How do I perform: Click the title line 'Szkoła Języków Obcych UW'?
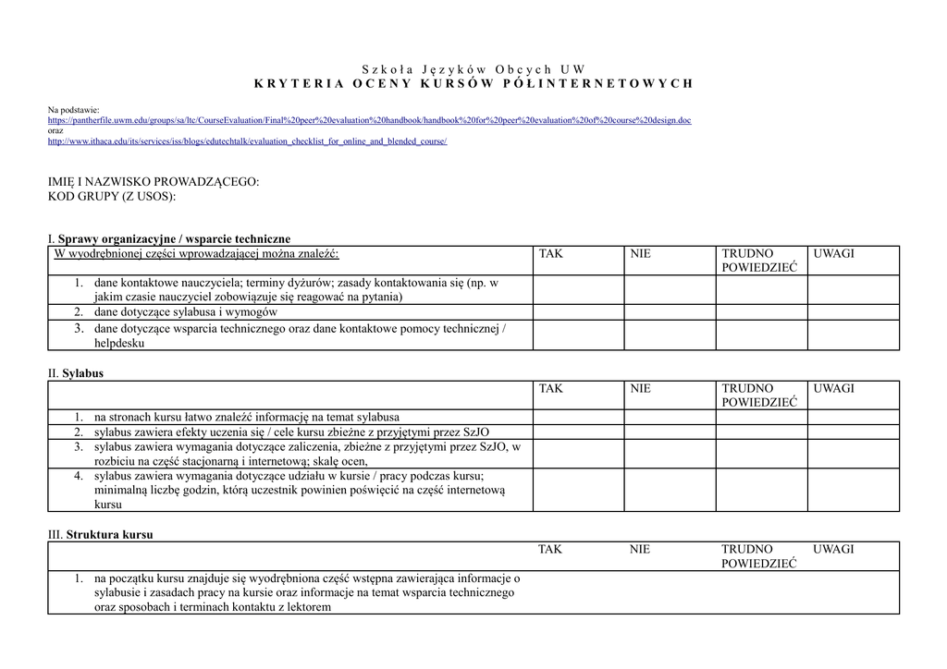[473, 69]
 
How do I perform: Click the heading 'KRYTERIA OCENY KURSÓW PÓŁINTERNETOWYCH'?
[473, 83]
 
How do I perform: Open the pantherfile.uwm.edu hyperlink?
[369, 120]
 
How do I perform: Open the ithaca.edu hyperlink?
[247, 141]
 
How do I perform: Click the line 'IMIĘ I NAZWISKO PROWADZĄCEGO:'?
[154, 182]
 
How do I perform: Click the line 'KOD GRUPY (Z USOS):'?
[112, 197]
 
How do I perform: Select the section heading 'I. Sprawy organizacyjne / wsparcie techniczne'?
[169, 239]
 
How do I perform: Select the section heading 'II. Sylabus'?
[76, 373]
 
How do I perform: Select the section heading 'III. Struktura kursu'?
[101, 534]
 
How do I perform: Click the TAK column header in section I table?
[550, 253]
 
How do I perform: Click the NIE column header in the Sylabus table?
[640, 389]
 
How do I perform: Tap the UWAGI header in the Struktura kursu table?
[833, 549]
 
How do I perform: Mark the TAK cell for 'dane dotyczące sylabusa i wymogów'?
[578, 312]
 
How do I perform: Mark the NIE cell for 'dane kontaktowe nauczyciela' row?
[670, 290]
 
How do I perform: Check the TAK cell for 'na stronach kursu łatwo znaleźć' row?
[578, 418]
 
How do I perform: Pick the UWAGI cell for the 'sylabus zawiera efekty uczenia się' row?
[853, 432]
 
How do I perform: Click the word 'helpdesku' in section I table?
[119, 343]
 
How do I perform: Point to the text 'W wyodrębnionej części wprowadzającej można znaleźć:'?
[197, 253]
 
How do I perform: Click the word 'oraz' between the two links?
[55, 130]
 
